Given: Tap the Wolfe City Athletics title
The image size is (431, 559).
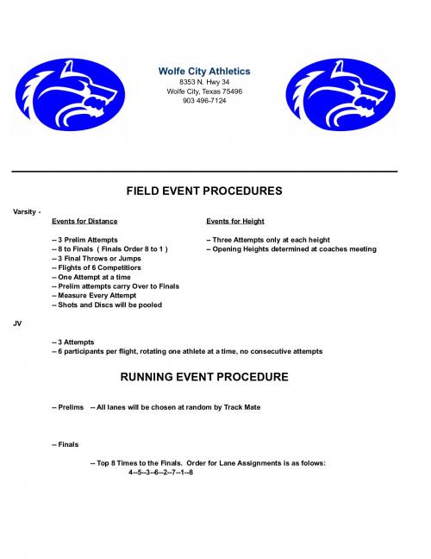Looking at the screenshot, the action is (x=204, y=70).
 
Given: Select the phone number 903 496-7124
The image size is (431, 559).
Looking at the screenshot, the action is (x=204, y=101).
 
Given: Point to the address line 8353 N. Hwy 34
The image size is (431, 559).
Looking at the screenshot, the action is (x=204, y=82).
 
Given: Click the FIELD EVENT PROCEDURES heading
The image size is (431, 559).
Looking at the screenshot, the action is (x=204, y=191).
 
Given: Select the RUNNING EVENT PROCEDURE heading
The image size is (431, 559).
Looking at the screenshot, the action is (x=204, y=377).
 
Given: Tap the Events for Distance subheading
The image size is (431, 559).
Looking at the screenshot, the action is (x=84, y=222).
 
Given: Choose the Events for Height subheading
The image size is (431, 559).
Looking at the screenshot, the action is (x=235, y=222).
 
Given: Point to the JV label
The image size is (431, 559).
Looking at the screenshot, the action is (x=17, y=323).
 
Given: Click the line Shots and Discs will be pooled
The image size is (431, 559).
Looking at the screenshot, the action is (x=108, y=305).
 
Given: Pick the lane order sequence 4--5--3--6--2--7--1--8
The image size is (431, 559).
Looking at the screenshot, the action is (x=160, y=473).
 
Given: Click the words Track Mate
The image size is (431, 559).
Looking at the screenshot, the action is (x=241, y=407).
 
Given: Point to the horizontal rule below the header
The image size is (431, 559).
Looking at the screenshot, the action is (x=204, y=172).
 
